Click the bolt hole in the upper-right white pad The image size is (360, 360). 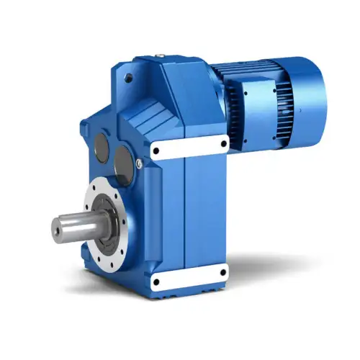(223, 142)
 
